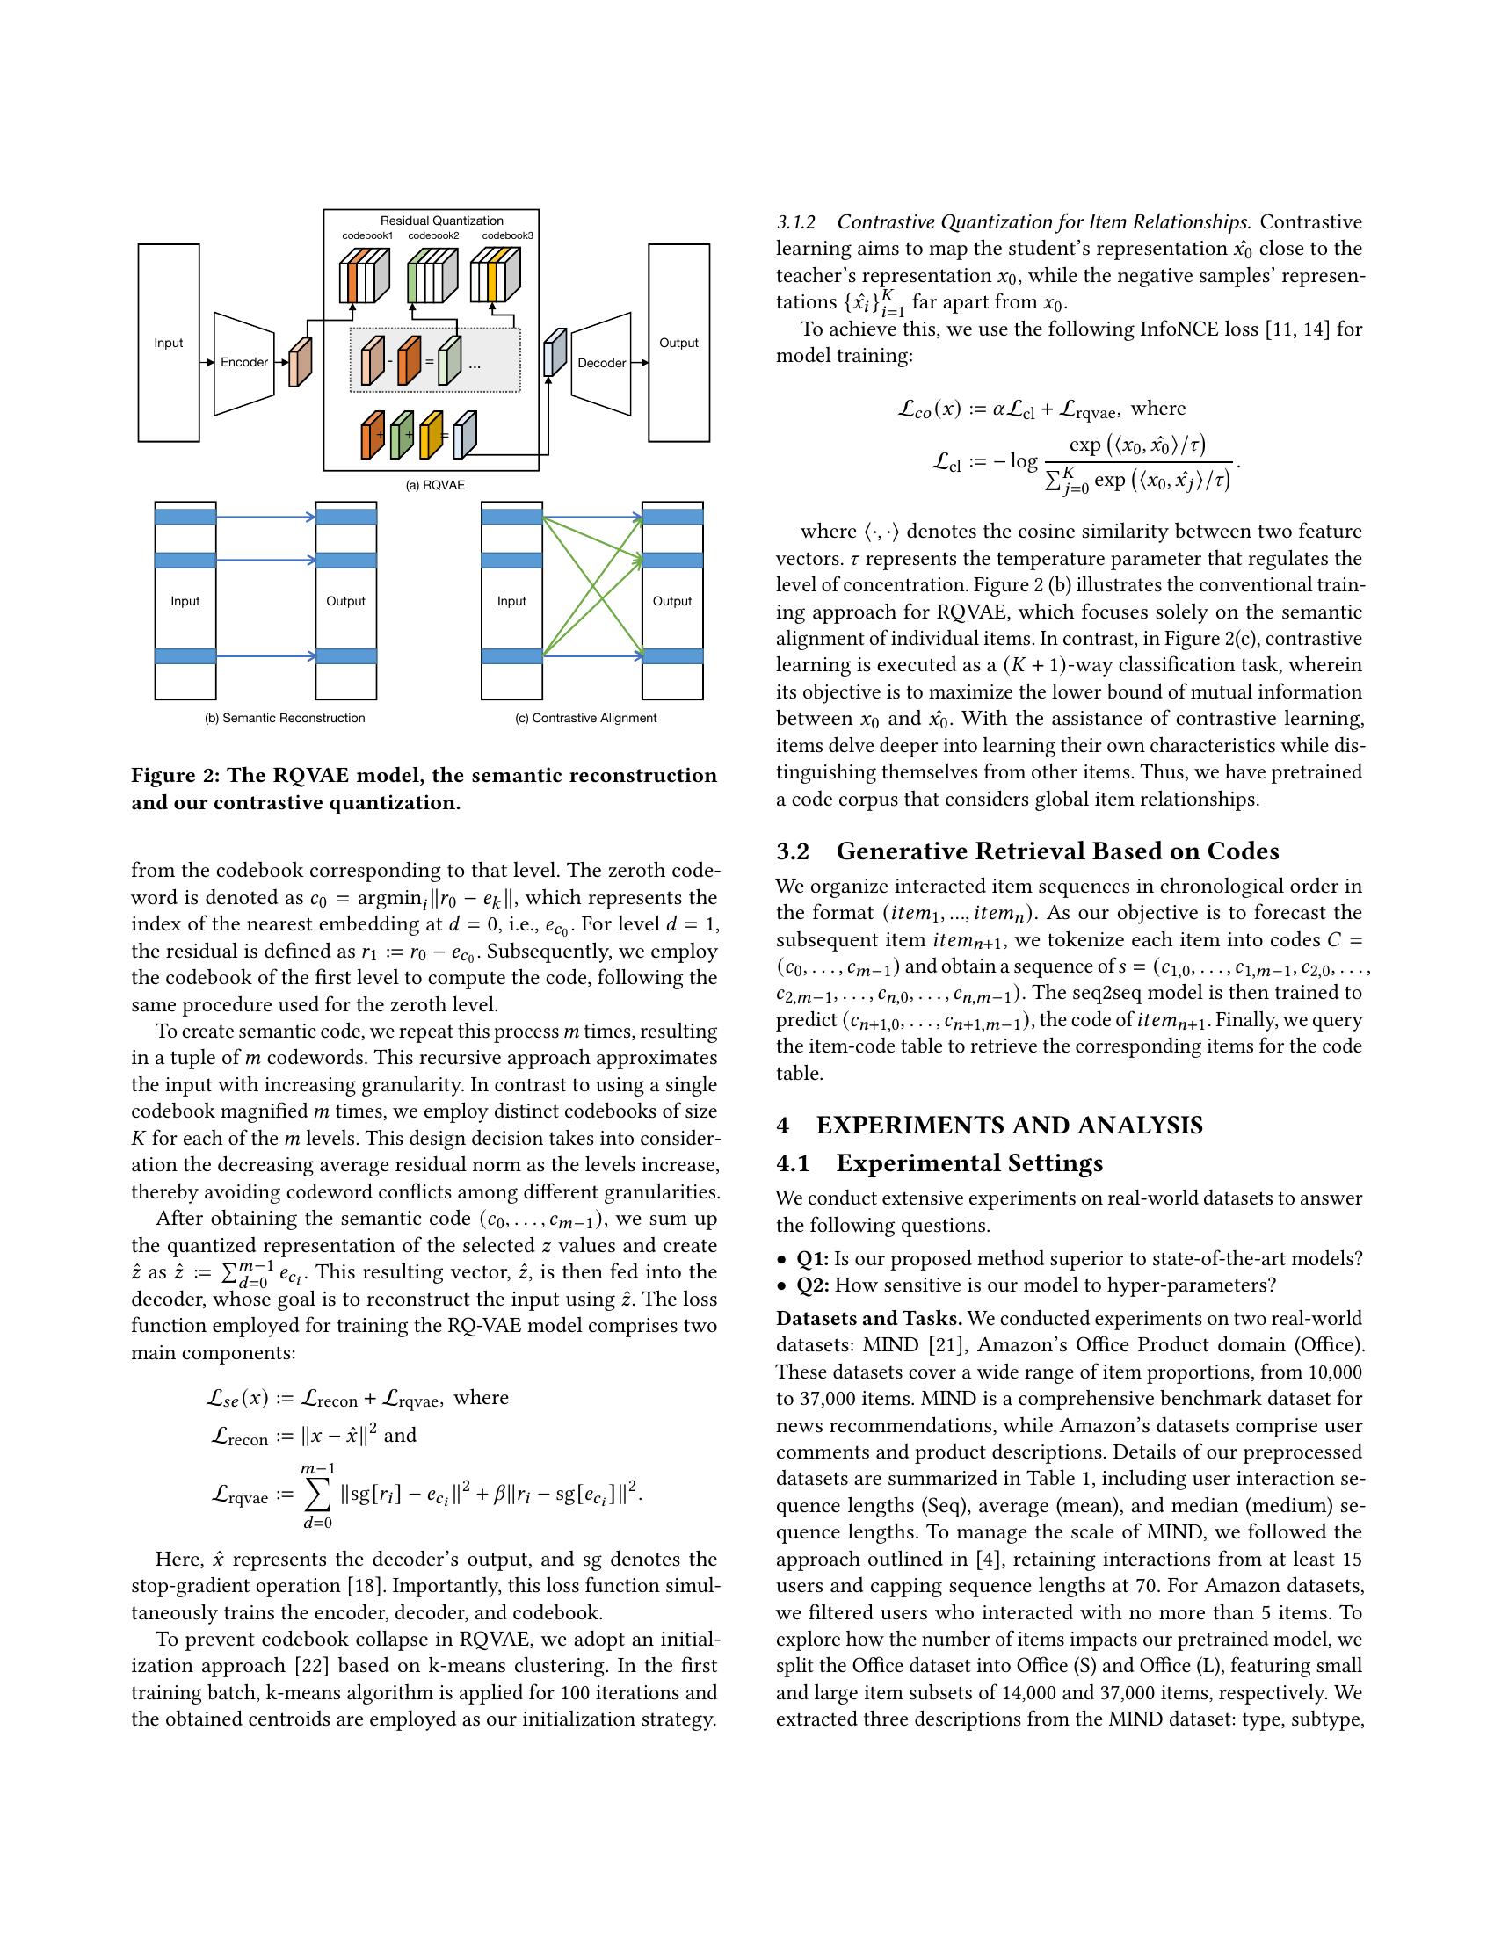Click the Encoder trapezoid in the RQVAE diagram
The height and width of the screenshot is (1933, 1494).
click(243, 363)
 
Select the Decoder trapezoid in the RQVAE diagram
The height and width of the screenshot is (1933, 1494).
click(601, 363)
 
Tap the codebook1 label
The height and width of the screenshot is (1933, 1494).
click(367, 235)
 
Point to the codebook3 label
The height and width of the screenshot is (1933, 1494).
click(507, 235)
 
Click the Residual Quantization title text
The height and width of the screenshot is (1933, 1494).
click(442, 221)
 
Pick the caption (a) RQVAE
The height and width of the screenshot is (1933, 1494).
click(434, 485)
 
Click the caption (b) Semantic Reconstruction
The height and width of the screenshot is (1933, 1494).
click(284, 718)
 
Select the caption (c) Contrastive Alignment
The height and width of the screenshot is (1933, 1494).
click(586, 718)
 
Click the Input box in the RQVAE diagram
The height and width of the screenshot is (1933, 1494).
click(168, 344)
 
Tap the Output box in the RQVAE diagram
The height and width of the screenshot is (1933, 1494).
click(678, 344)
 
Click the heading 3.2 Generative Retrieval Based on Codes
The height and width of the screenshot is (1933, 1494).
click(1026, 851)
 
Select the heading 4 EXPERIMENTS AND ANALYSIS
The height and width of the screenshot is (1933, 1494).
click(989, 1126)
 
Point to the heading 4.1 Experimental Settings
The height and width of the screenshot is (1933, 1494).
click(939, 1163)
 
